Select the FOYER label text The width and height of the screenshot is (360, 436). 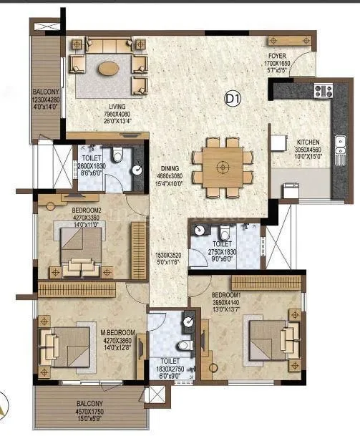point(277,55)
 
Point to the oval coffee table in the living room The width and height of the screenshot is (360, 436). point(109,69)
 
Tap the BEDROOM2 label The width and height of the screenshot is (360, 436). point(87,209)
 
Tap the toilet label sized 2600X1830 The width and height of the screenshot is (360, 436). point(91,165)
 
